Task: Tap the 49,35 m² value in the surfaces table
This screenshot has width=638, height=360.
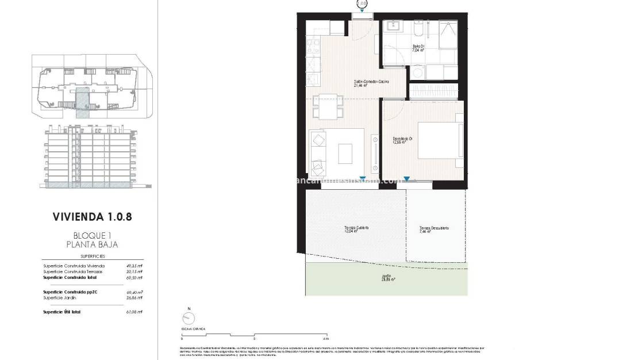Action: pos(134,266)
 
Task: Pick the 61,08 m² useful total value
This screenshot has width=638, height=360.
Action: pos(134,312)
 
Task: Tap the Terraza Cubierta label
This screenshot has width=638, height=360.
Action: pos(356,229)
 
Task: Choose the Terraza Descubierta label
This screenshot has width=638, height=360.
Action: pos(434,229)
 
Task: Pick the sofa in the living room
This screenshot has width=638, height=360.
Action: pos(317,154)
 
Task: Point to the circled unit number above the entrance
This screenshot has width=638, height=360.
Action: pos(362,3)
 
